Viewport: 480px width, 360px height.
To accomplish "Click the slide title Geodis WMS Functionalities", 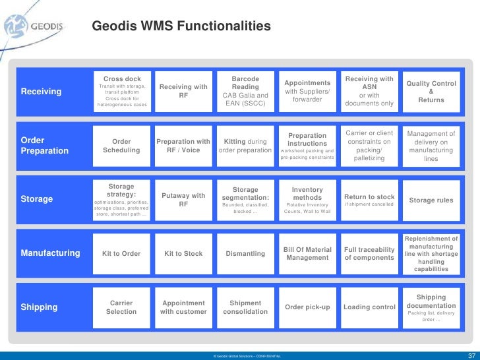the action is point(181,26).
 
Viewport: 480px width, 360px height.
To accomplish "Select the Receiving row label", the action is point(41,92).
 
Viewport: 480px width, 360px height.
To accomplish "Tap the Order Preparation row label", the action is point(45,146).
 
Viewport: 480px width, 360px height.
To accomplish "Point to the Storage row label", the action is point(37,199).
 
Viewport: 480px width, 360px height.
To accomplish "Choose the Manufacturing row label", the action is point(51,253).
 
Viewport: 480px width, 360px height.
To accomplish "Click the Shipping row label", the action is point(40,307).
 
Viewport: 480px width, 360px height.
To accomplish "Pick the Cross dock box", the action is point(122,92).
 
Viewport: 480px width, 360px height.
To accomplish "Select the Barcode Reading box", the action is point(245,92).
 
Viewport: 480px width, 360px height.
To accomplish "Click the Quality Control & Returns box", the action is point(431,92).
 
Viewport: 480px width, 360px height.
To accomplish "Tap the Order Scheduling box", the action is point(122,146).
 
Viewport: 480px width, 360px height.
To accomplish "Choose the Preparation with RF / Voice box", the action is point(183,146).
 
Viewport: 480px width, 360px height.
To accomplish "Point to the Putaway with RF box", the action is point(183,199).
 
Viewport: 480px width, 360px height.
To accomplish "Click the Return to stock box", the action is point(369,199).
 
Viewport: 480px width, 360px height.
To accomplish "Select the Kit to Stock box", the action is point(183,253).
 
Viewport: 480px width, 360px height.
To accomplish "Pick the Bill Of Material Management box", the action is point(307,253).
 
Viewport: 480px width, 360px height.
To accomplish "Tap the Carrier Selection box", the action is point(122,307).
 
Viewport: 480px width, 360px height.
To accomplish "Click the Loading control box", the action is point(369,307).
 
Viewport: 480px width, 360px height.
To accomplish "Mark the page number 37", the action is point(471,355).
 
